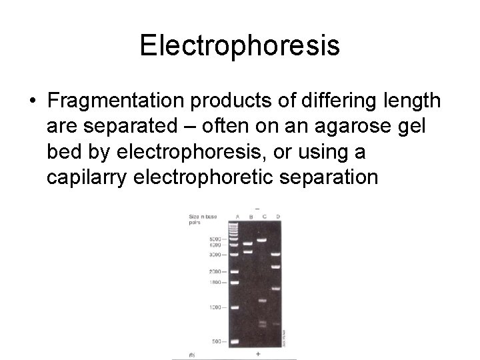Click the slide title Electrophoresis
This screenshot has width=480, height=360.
click(x=240, y=45)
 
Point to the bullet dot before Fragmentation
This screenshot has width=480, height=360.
click(x=33, y=101)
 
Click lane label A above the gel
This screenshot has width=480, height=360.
click(x=237, y=217)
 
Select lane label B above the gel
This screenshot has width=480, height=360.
click(x=250, y=217)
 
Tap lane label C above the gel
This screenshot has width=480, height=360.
click(x=264, y=217)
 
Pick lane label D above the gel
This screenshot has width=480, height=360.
click(x=277, y=217)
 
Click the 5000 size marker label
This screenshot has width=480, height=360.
click(x=215, y=239)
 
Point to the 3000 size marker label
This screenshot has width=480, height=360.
click(x=215, y=255)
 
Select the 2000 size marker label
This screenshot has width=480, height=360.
click(x=215, y=271)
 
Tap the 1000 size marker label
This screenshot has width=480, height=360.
click(x=215, y=307)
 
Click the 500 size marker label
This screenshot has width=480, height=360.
click(x=217, y=341)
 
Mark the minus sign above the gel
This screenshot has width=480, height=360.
click(x=257, y=209)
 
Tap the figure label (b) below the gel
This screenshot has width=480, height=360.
click(x=191, y=354)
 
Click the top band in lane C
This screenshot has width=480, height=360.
click(x=262, y=240)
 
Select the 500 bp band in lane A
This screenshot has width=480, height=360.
click(x=235, y=341)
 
